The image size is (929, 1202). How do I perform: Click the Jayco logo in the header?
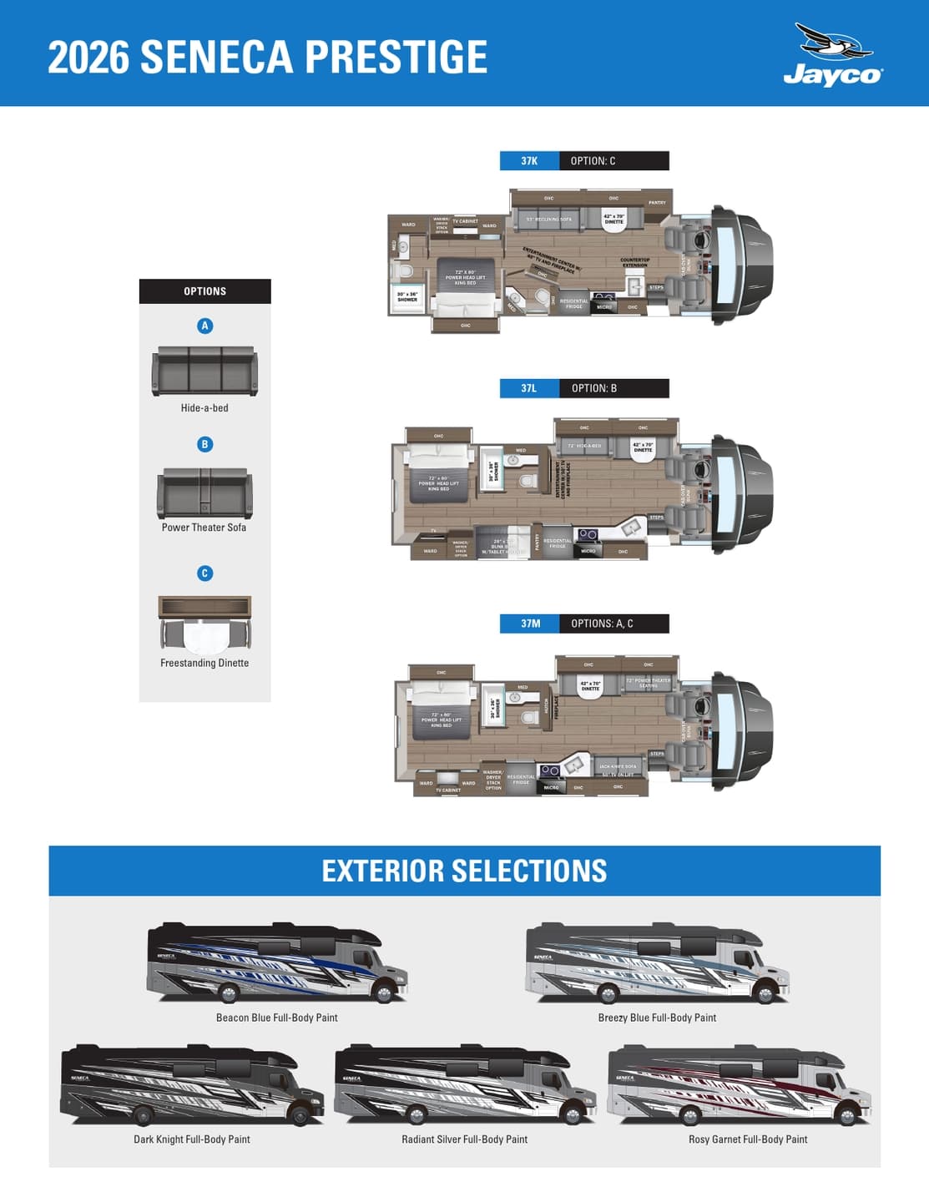(x=832, y=56)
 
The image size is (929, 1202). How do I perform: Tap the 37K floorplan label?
(x=529, y=161)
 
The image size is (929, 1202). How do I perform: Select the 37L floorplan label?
(x=529, y=388)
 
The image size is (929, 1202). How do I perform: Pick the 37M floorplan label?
(x=530, y=624)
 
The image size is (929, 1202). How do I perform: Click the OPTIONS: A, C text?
(x=602, y=624)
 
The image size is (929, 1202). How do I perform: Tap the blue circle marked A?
(x=204, y=326)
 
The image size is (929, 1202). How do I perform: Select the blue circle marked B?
(x=204, y=444)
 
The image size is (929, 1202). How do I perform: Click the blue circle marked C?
(x=204, y=573)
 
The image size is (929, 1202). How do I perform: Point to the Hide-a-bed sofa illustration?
(x=204, y=371)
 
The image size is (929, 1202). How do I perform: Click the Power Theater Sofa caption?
(x=204, y=528)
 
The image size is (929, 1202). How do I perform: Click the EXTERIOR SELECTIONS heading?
(x=464, y=871)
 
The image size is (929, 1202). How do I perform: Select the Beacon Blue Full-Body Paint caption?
(x=276, y=1018)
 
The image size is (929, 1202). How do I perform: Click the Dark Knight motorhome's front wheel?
(x=298, y=1114)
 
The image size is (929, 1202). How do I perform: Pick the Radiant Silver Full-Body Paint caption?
(x=464, y=1139)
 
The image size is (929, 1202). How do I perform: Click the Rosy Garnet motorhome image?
(x=739, y=1083)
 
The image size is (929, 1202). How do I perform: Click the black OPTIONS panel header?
(x=204, y=291)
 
